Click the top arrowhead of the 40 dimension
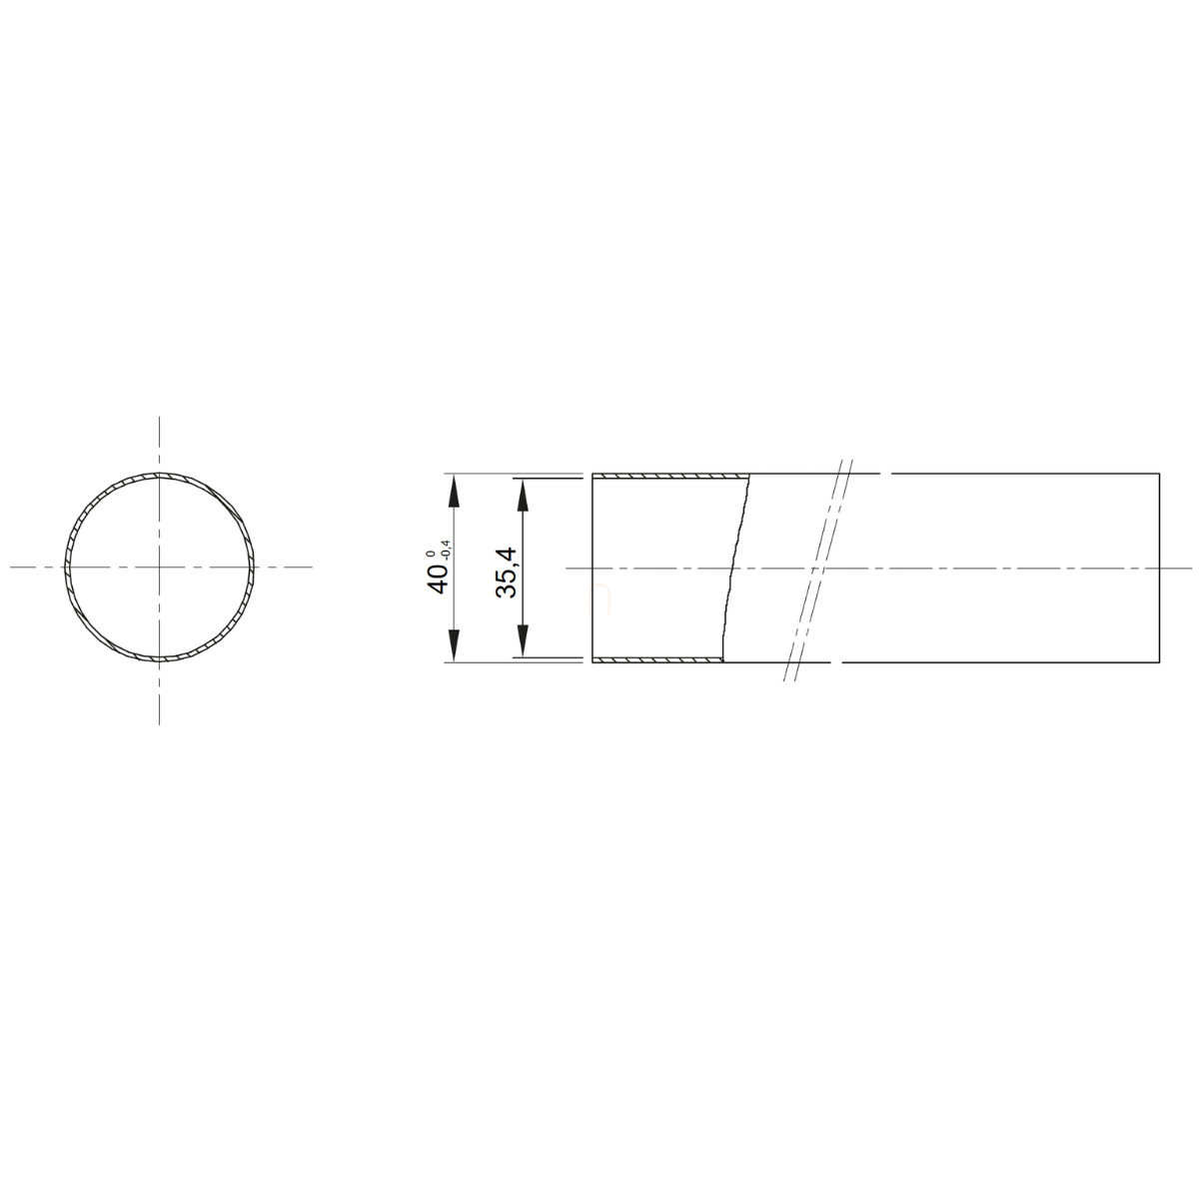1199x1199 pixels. click(454, 493)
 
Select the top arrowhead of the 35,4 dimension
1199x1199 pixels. click(524, 496)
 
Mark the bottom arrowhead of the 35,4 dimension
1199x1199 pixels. click(524, 640)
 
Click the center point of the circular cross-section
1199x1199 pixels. click(160, 567)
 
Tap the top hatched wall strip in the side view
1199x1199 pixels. click(670, 477)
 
